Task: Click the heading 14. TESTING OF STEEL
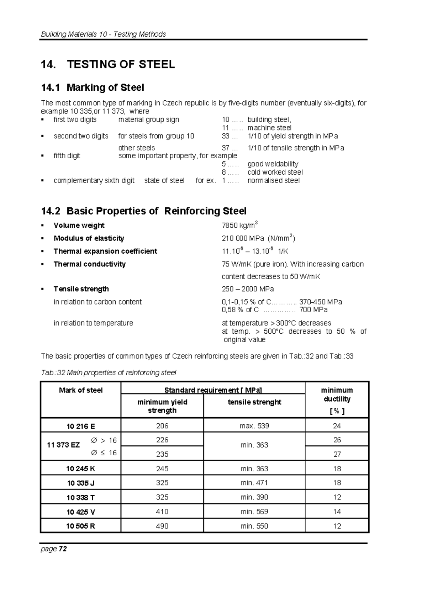click(108, 64)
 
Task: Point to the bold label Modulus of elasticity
click(89, 238)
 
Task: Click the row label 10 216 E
click(81, 426)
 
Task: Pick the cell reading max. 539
click(254, 426)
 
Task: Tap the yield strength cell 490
click(162, 526)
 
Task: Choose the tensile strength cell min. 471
click(254, 483)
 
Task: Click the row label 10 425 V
click(81, 512)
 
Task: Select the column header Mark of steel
click(81, 390)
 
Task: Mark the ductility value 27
click(337, 454)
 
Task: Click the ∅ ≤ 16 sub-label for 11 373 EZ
click(104, 453)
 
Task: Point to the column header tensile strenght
click(254, 402)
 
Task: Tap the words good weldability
click(273, 164)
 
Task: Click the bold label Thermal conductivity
click(89, 264)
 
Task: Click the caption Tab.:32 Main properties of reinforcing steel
click(109, 372)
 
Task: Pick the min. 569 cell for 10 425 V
click(254, 512)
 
